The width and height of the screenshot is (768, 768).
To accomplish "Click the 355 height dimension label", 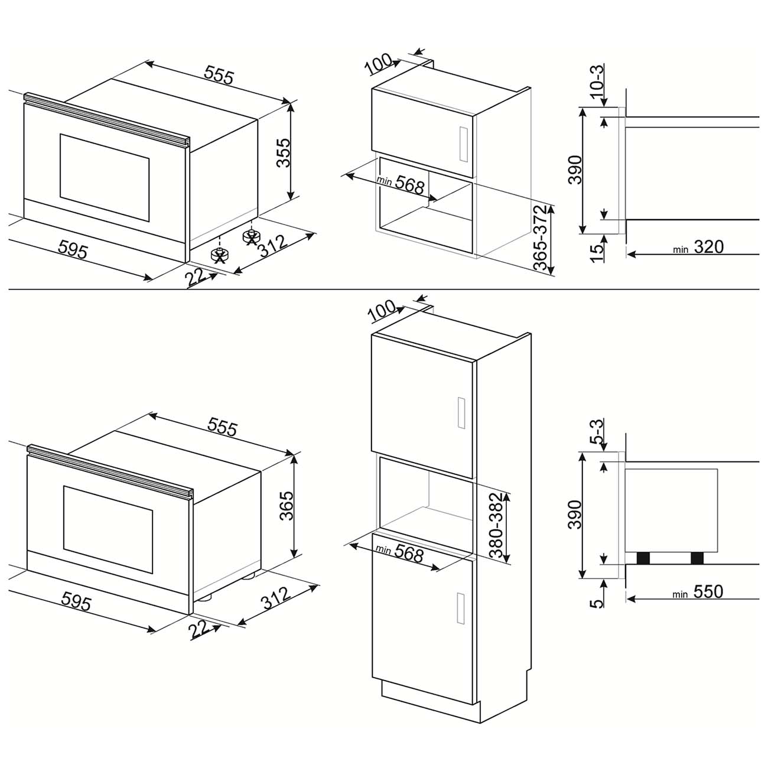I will [284, 152].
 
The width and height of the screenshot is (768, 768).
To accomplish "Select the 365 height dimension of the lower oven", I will [286, 505].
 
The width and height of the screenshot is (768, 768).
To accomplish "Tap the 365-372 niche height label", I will [542, 238].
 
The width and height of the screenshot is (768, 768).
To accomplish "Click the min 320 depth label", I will [699, 247].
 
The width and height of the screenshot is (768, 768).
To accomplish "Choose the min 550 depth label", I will [699, 591].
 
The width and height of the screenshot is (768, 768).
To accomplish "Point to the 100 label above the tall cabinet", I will [382, 311].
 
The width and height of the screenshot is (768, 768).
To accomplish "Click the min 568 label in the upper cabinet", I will [402, 184].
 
